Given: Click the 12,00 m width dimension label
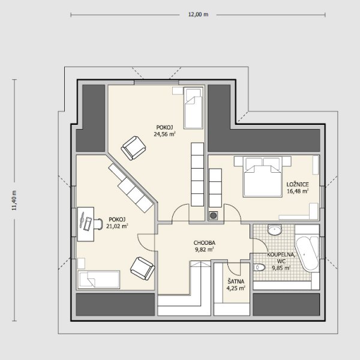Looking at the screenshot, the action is pos(199,14).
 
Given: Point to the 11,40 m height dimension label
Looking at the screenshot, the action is pos(14,200).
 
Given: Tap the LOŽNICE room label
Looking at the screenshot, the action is pos(298,184).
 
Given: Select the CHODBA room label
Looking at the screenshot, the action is pos(205,242).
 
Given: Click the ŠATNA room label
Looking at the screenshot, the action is pos(236,281).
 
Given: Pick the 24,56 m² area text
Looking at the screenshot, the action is pos(164,134).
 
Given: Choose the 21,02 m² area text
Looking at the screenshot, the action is pos(117,226).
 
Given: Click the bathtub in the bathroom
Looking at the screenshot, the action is pos(307,253).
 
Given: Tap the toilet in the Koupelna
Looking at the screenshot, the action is pos(259,267).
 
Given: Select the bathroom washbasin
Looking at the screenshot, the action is pos(275,230).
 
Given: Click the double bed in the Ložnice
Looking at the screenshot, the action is pos(263,176).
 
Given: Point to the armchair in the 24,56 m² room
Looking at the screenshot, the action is pos(133,148).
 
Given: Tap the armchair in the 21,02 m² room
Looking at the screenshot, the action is pos(143,268).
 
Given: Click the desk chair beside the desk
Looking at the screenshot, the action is pos(98,224).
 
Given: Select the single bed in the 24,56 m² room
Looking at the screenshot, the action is pos(193,107).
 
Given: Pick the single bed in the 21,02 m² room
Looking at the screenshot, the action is pos(99,280).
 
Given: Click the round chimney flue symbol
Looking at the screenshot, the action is pos(213,215).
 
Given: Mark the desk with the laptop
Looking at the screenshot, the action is pos(86,224).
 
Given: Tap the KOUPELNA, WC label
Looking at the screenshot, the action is pos(281,258).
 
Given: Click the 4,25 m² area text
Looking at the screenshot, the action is pos(236,289).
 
